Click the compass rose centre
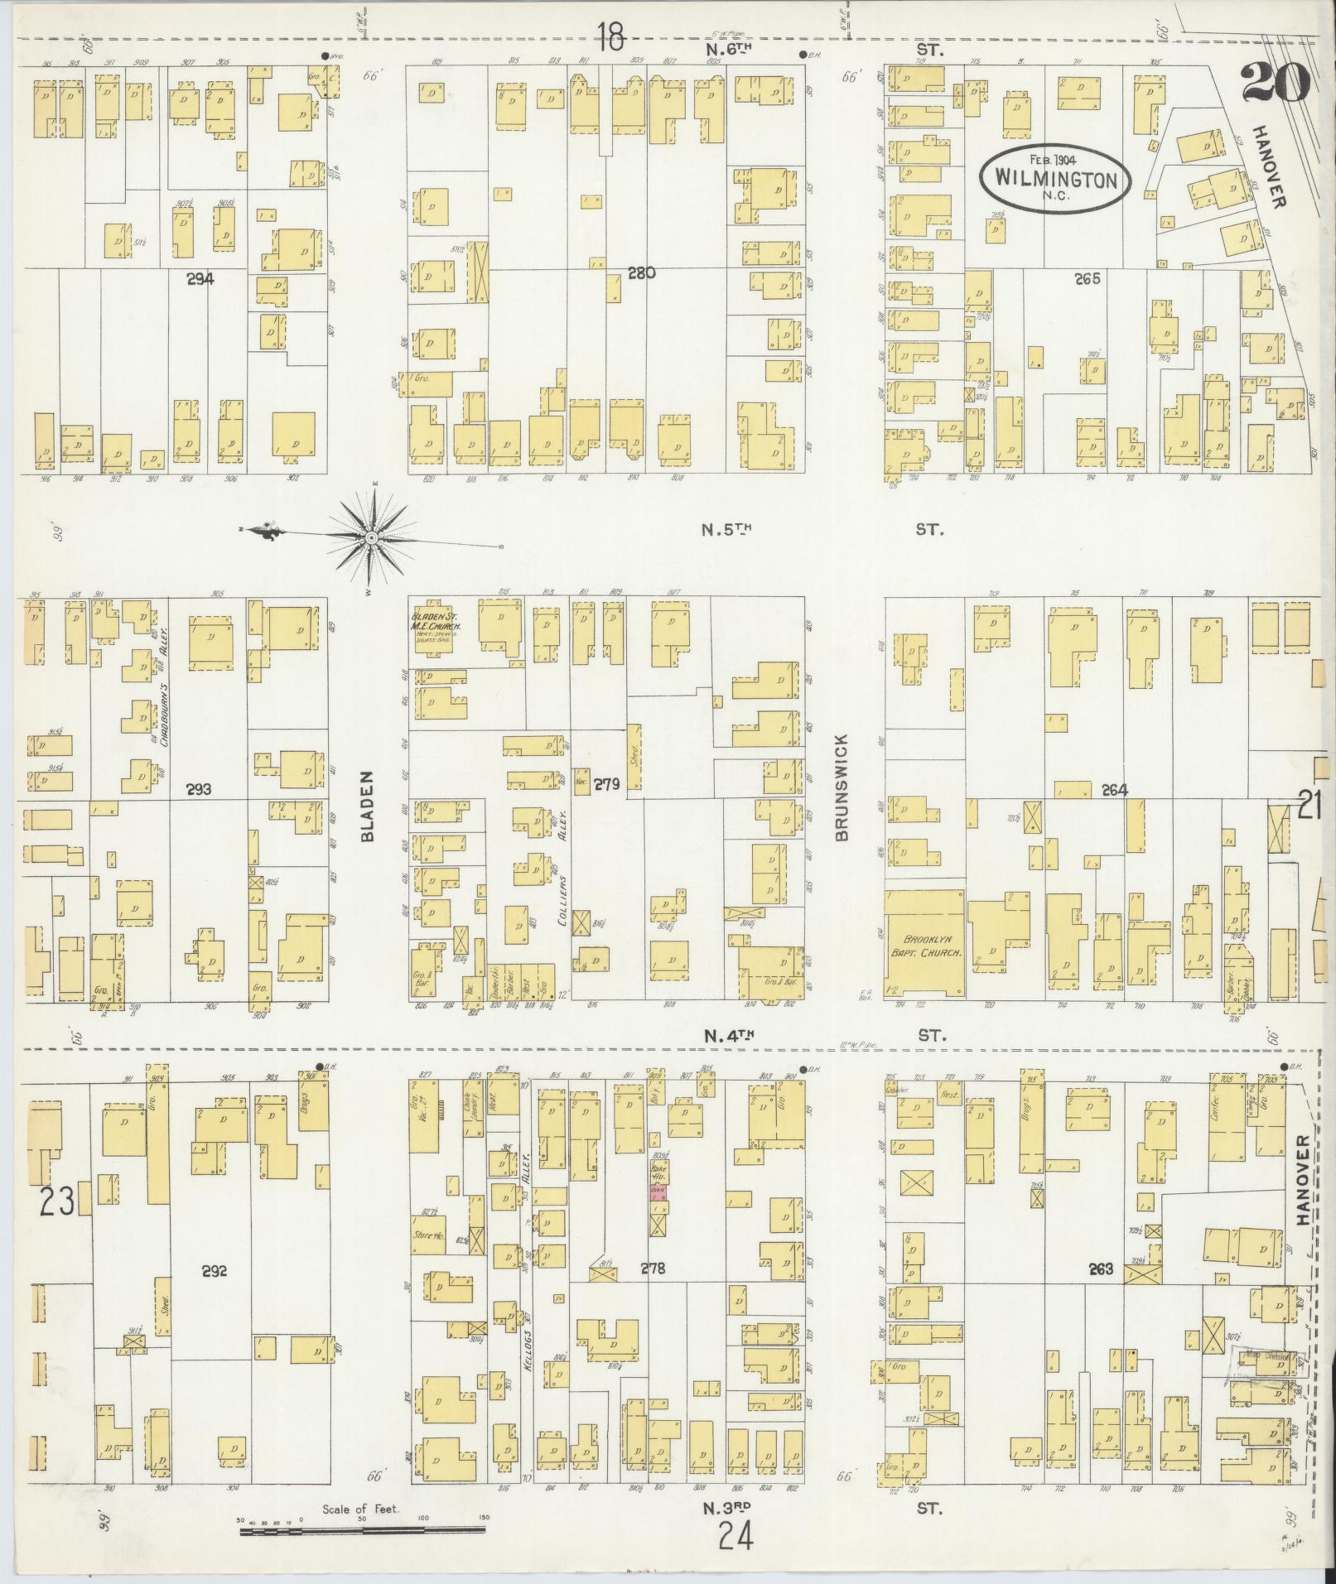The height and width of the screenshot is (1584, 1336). click(x=372, y=538)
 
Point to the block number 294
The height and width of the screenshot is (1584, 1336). click(x=200, y=280)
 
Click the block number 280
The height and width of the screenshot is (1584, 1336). click(x=641, y=272)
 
